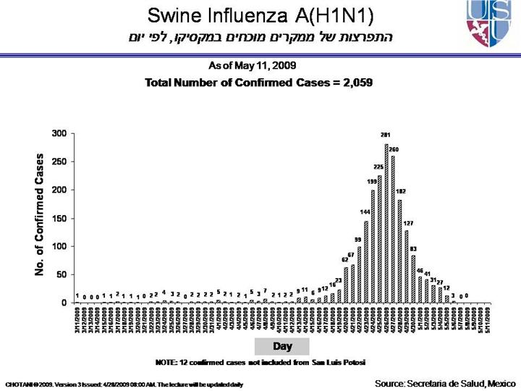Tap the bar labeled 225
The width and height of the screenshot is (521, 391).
click(380, 239)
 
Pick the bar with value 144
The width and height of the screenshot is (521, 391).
click(366, 261)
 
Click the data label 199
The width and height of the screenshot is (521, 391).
click(372, 181)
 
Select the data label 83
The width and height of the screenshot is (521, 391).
click(413, 248)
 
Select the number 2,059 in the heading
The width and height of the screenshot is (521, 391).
click(355, 83)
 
